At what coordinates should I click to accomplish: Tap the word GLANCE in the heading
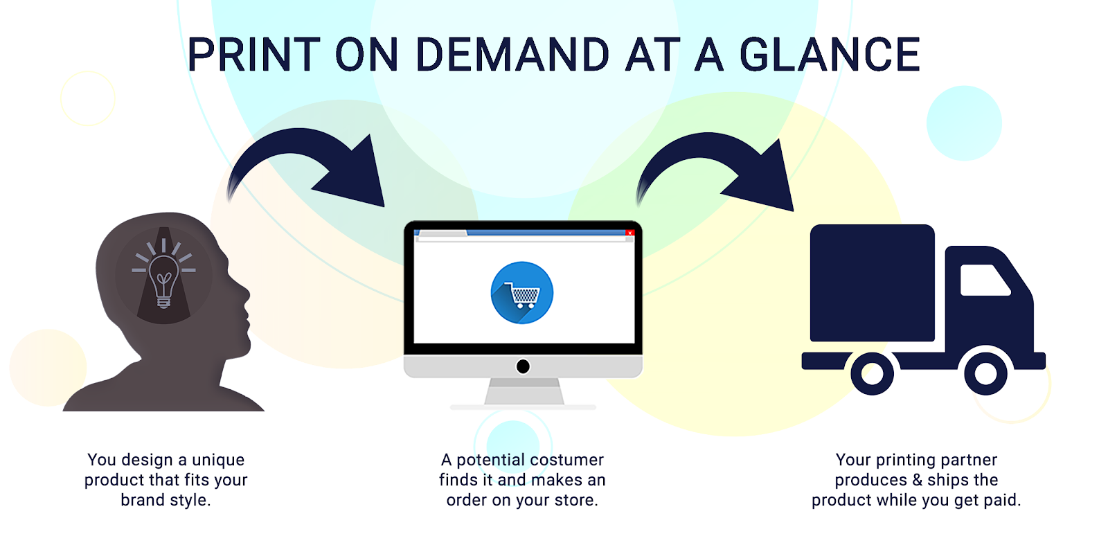(830, 55)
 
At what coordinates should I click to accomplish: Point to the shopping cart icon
(522, 295)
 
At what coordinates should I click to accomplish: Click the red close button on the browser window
(629, 233)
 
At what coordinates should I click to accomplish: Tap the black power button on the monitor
(523, 366)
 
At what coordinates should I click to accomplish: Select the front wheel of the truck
(985, 373)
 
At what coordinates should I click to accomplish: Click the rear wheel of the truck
(872, 373)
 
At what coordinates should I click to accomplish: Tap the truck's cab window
(984, 280)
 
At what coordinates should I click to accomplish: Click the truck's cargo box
(872, 283)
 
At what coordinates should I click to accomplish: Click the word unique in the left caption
(218, 461)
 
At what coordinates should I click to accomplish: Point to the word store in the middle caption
(574, 500)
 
